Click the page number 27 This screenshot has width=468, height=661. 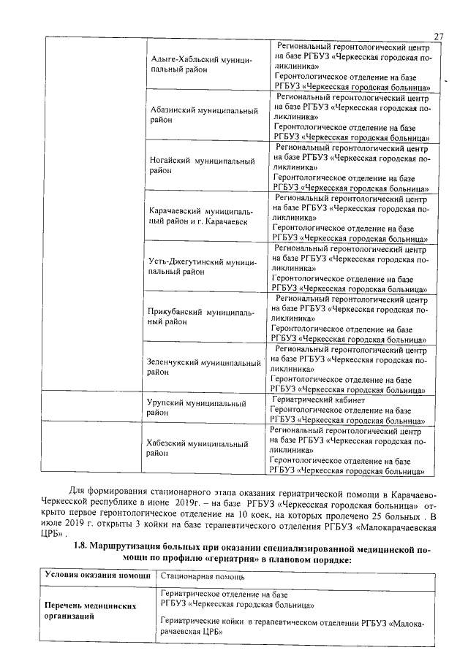[x=439, y=37]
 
